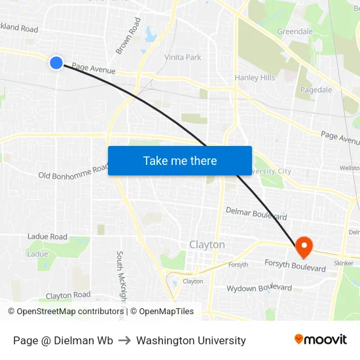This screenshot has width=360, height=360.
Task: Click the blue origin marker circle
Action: [56, 63]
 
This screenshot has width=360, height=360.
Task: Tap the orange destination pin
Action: [304, 246]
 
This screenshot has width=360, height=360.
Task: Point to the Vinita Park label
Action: [183, 58]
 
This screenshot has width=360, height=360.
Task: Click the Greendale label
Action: [295, 31]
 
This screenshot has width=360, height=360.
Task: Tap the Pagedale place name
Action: [316, 90]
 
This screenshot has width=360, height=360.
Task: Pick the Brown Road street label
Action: [128, 36]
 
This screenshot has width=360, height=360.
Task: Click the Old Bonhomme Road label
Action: [73, 172]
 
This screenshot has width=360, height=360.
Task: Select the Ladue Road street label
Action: [47, 236]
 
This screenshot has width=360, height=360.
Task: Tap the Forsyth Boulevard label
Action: [295, 265]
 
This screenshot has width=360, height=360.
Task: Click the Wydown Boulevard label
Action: [259, 288]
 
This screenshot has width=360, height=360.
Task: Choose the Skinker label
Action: [344, 262]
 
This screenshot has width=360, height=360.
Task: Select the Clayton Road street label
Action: [68, 295]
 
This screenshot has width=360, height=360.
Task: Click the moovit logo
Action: [320, 339]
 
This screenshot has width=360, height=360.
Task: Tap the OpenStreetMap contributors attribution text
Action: [65, 312]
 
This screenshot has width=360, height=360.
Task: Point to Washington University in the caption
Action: [191, 340]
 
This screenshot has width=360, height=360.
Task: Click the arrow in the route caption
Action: [124, 340]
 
